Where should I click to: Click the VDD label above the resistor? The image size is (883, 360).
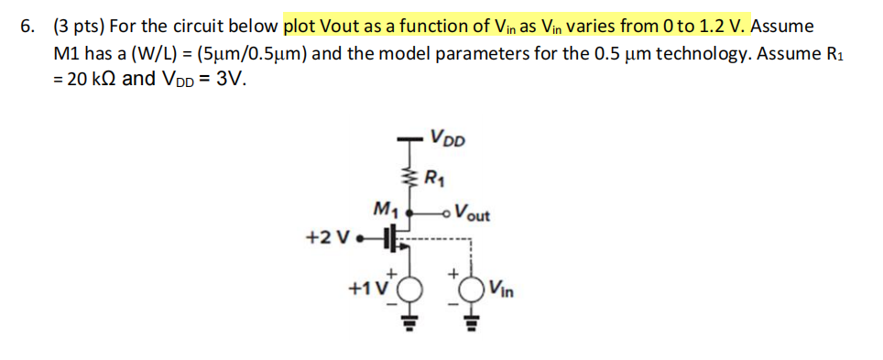point(449,141)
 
